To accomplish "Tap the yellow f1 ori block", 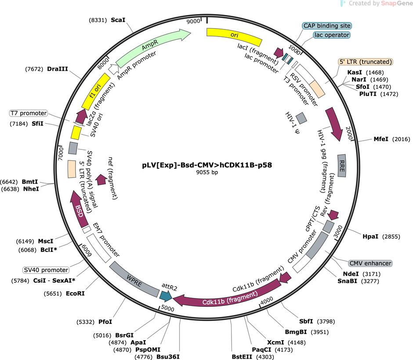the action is [x=96, y=91].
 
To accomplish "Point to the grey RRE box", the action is [x=342, y=166].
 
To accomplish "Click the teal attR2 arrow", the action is [x=166, y=296].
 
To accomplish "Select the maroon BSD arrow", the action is [x=79, y=209].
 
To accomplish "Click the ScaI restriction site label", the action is [x=118, y=20].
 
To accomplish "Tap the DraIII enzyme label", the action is [x=58, y=69].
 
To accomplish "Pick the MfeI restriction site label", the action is [x=381, y=139].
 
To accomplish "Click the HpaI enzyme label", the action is [x=370, y=236].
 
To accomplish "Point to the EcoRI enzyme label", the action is [x=75, y=293].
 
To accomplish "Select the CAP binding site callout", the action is [x=327, y=26].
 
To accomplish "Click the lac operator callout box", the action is [x=332, y=35].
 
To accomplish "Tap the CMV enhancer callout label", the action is [x=370, y=263].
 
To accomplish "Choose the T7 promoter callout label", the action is [x=29, y=113].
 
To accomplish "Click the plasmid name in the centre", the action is [x=207, y=165].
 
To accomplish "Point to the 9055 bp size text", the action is [x=207, y=172].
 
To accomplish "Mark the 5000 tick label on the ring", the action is [x=168, y=308].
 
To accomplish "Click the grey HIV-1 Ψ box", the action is [x=301, y=118].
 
